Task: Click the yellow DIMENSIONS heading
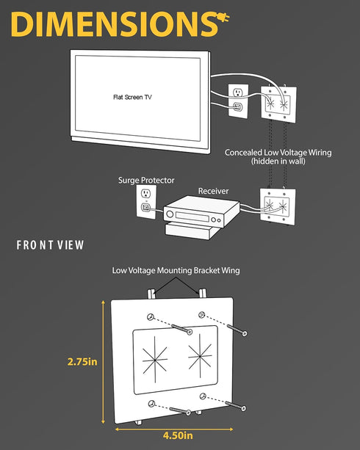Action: pyautogui.click(x=114, y=24)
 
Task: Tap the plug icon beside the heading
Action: pyautogui.click(x=223, y=18)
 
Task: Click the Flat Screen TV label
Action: pyautogui.click(x=132, y=98)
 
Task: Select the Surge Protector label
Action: pyautogui.click(x=146, y=181)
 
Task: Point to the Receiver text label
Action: pyautogui.click(x=213, y=191)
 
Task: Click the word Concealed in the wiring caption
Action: pyautogui.click(x=244, y=153)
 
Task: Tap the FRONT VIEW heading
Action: pyautogui.click(x=50, y=245)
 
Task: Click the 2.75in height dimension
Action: pyautogui.click(x=82, y=362)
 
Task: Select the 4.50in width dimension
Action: pyautogui.click(x=178, y=435)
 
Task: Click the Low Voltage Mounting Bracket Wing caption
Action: pyautogui.click(x=176, y=271)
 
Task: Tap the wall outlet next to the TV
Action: pyautogui.click(x=238, y=101)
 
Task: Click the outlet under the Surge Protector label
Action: pyautogui.click(x=146, y=201)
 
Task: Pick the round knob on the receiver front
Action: pyautogui.click(x=170, y=214)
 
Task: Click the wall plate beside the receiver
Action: pyautogui.click(x=278, y=206)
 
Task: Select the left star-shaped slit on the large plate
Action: pyautogui.click(x=155, y=360)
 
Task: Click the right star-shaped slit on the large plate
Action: pyautogui.click(x=200, y=356)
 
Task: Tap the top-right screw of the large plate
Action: pyautogui.click(x=237, y=330)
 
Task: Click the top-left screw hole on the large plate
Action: pyautogui.click(x=151, y=317)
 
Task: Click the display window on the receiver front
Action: pyautogui.click(x=192, y=217)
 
